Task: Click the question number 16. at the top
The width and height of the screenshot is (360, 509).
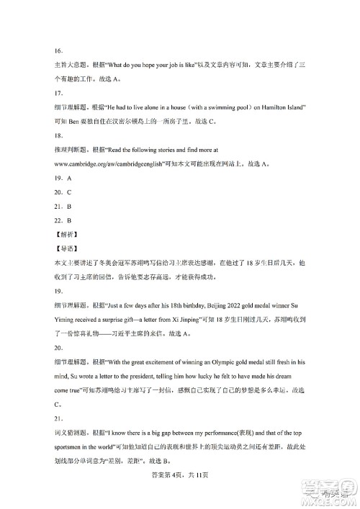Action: [x=49, y=51]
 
